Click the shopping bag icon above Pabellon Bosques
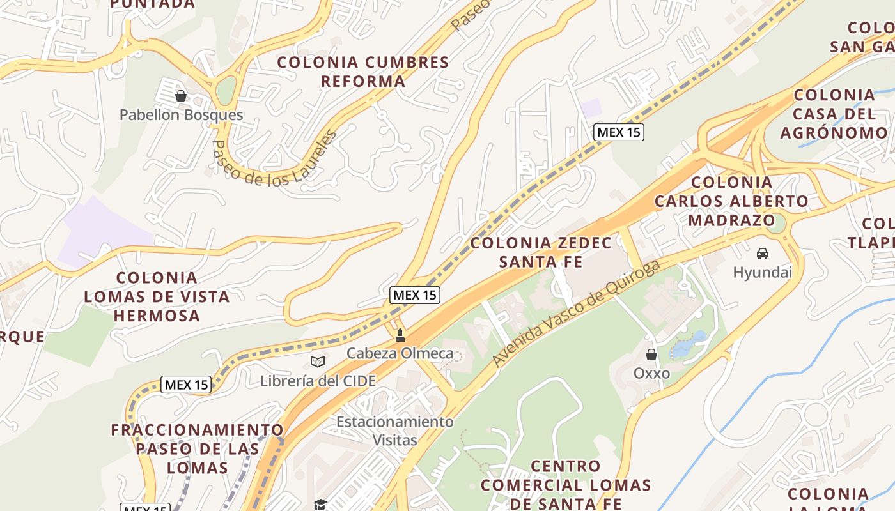[x=181, y=96]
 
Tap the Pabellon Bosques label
[x=182, y=115]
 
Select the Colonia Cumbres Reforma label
[x=363, y=72]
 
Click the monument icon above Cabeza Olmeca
[x=400, y=335]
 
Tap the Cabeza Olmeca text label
[x=400, y=353]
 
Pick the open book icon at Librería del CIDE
[x=318, y=362]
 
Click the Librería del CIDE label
[x=318, y=381]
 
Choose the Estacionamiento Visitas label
[x=395, y=431]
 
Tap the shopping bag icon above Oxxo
[x=651, y=355]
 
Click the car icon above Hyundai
[x=762, y=254]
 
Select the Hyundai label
[x=762, y=272]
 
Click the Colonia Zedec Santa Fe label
[x=541, y=252]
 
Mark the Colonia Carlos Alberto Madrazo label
[x=731, y=201]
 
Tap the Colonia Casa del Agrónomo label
[x=834, y=114]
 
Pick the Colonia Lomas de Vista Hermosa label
[x=157, y=296]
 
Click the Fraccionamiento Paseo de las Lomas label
[x=198, y=448]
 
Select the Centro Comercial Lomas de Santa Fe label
[x=566, y=485]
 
